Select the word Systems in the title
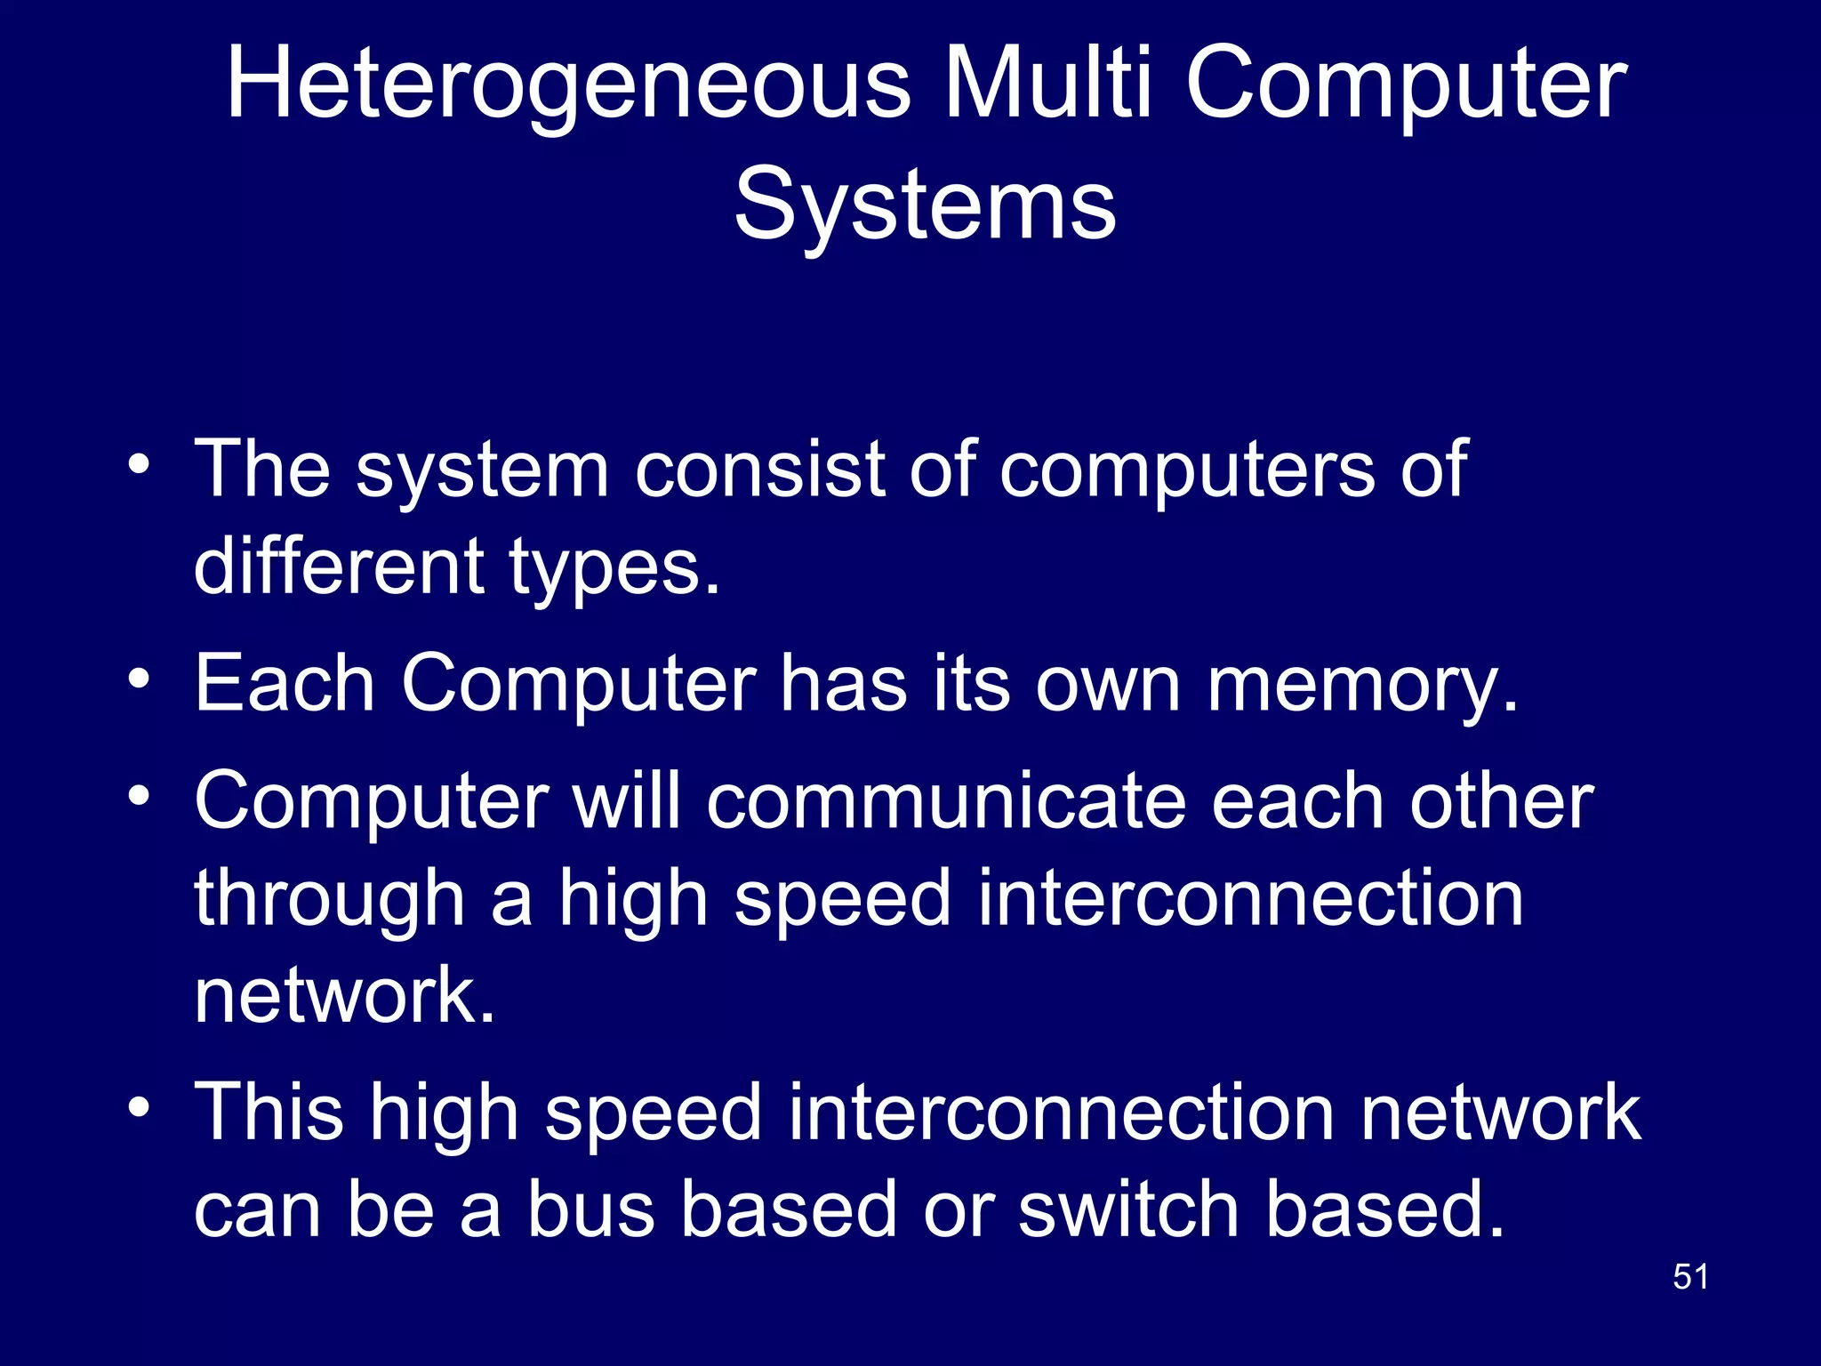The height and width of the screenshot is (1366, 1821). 925,206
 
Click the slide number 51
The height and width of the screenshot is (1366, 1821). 1690,1277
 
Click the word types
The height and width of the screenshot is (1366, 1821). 614,569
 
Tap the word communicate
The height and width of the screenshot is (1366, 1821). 946,801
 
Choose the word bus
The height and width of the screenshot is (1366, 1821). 591,1209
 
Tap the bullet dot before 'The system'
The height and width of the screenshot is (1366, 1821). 138,465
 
